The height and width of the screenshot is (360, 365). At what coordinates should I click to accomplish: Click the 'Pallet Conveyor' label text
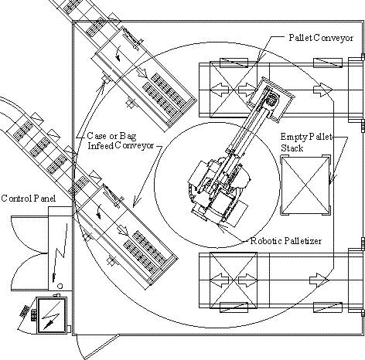click(321, 38)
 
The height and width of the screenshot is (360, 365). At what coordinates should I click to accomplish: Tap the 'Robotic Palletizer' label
click(286, 241)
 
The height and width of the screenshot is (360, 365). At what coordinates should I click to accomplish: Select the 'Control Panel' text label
click(29, 199)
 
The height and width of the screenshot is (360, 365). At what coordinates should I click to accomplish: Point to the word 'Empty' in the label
click(293, 137)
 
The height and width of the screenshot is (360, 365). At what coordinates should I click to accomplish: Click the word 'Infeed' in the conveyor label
click(101, 146)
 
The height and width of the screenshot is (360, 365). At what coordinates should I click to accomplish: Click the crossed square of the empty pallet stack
click(305, 185)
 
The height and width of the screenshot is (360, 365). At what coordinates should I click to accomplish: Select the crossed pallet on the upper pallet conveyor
click(234, 90)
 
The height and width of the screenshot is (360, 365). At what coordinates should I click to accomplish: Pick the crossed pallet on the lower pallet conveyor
click(234, 280)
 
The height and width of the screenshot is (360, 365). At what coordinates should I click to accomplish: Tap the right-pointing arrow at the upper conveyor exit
click(322, 90)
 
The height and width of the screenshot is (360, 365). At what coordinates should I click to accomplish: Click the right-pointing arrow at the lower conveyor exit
click(319, 280)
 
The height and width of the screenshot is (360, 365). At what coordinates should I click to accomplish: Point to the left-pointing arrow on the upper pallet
click(220, 90)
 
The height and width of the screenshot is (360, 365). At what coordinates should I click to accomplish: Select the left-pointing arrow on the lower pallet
click(220, 280)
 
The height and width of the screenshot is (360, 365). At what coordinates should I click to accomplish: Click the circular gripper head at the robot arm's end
click(272, 99)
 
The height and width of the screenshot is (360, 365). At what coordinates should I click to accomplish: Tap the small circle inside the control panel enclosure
click(60, 286)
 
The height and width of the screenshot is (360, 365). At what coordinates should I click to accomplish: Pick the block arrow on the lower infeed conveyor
click(123, 230)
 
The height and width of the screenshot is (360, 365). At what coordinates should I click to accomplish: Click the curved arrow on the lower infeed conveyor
click(99, 211)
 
